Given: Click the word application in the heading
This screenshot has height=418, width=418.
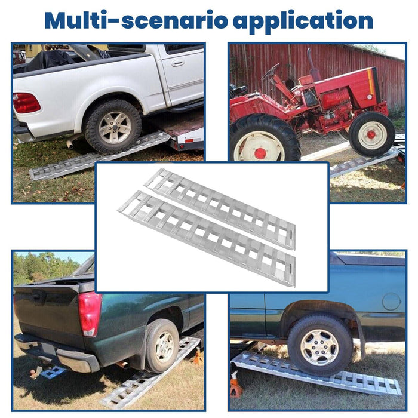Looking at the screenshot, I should [303, 21].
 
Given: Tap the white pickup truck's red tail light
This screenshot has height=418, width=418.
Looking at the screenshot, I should [26, 103].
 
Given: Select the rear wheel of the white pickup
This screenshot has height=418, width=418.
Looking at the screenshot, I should [112, 127].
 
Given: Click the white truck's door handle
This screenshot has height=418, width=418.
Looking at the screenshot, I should [178, 63].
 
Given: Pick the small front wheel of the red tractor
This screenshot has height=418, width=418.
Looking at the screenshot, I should [371, 134].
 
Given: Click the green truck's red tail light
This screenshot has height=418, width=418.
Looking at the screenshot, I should [90, 314].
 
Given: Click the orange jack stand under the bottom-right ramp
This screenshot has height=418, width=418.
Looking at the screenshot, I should [236, 388].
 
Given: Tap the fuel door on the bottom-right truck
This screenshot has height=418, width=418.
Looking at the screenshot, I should [391, 301].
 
